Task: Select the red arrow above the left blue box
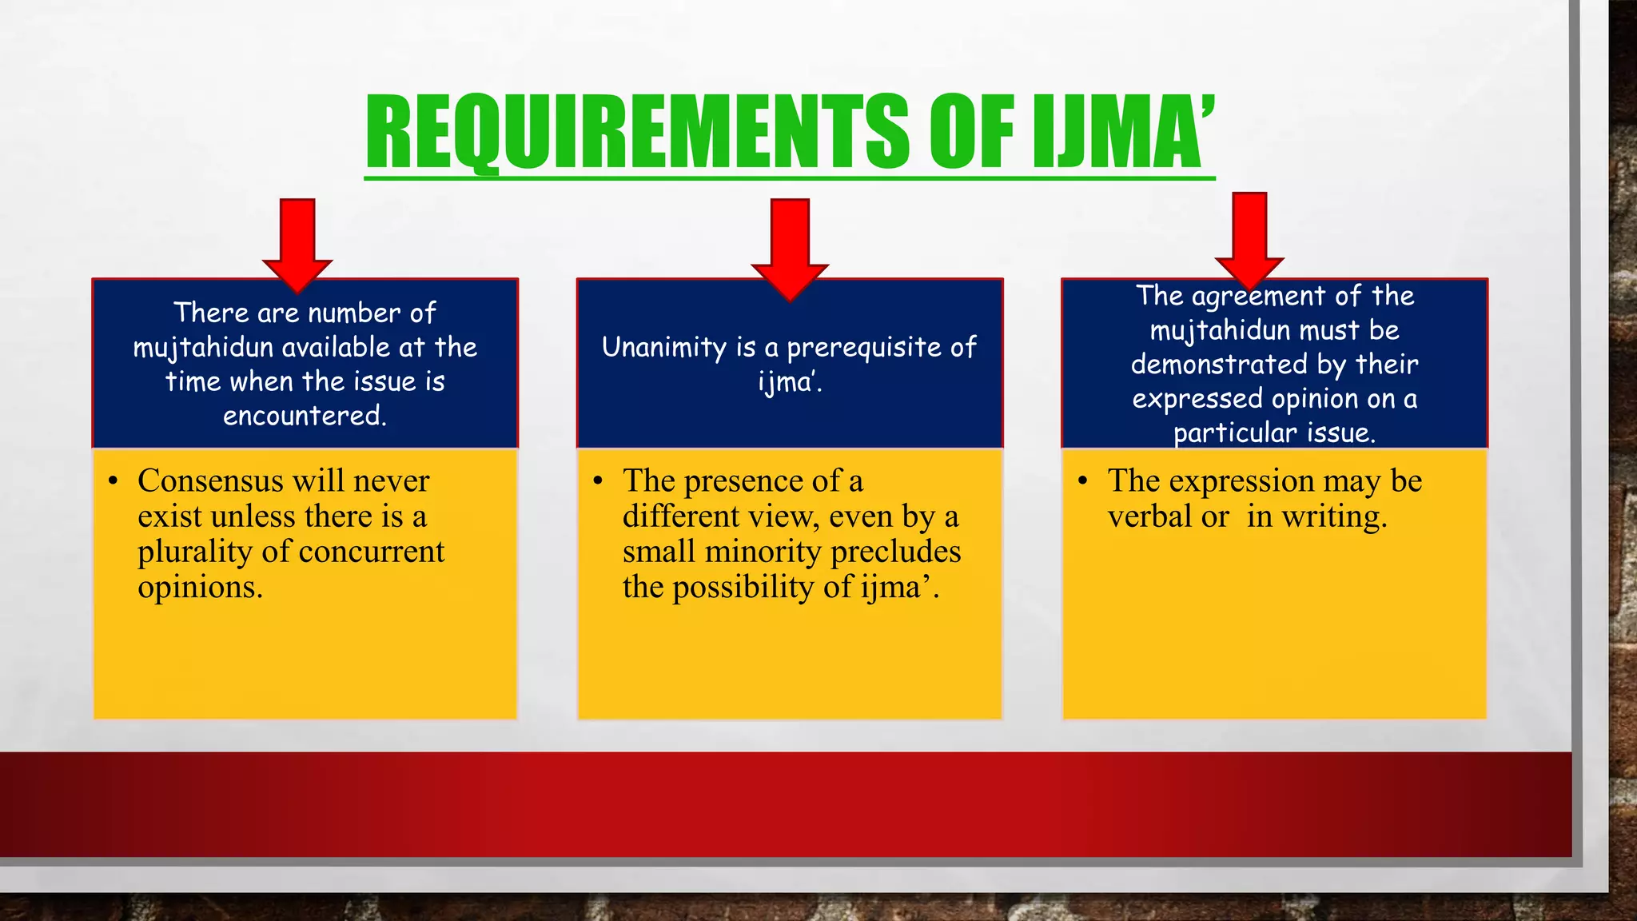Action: pos(297,243)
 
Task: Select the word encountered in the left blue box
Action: pos(305,416)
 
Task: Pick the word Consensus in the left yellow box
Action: pos(210,480)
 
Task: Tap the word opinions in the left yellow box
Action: pos(200,587)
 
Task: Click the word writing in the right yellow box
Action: pos(1334,516)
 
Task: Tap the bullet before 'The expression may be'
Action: pos(1082,481)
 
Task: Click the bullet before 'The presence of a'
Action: pos(597,481)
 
